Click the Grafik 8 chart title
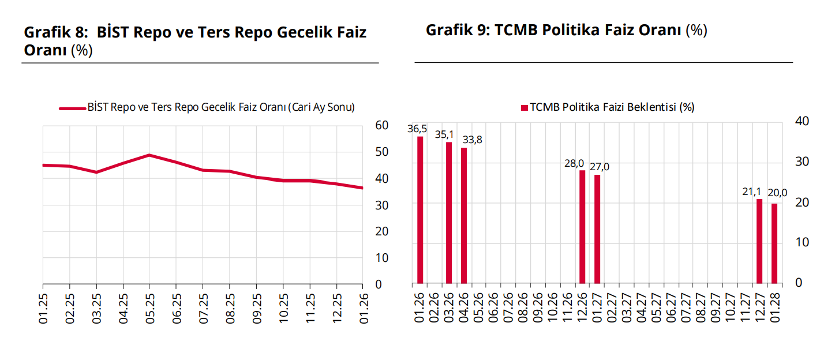point(195,40)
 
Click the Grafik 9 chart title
point(566,30)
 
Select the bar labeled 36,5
point(420,210)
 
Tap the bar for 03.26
point(449,213)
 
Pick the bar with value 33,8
point(464,216)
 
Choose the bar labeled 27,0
point(597,229)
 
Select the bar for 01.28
point(774,243)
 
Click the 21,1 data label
point(751,192)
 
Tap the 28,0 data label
point(575,163)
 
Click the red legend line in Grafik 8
point(72,108)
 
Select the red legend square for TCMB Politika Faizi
point(525,108)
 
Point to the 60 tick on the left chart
point(381,125)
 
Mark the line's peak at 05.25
point(149,155)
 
